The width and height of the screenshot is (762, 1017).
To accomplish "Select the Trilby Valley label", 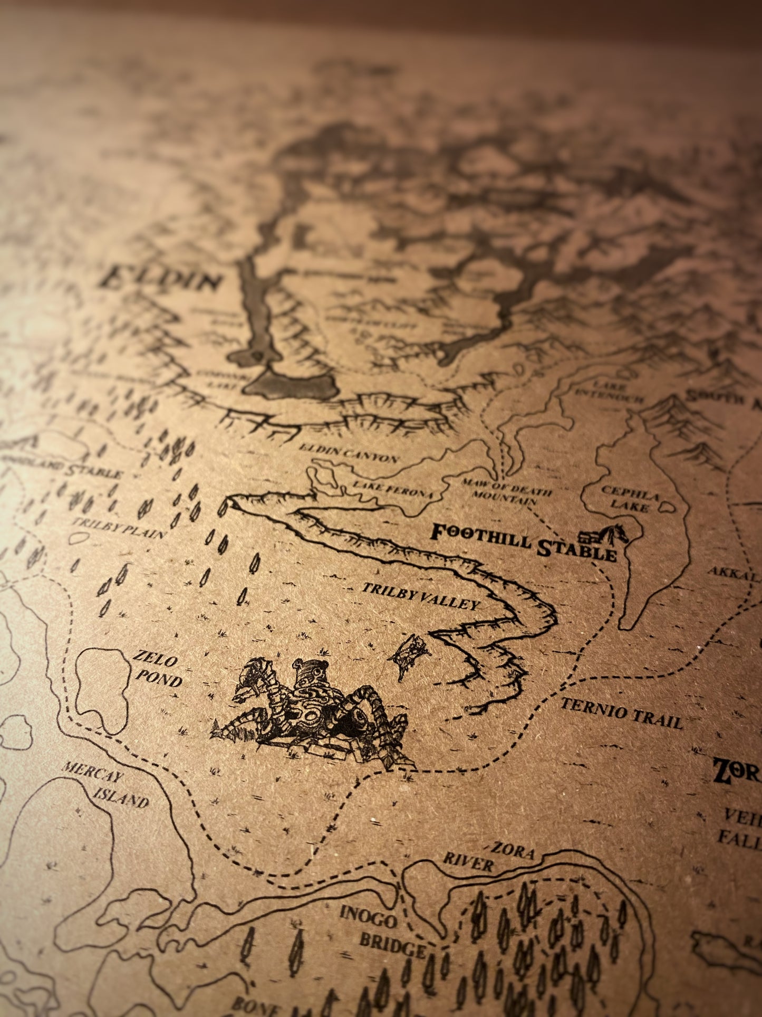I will pyautogui.click(x=419, y=595).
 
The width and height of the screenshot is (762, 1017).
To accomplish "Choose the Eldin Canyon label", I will pyautogui.click(x=348, y=454).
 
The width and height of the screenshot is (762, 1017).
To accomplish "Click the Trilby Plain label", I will pyautogui.click(x=118, y=524).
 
